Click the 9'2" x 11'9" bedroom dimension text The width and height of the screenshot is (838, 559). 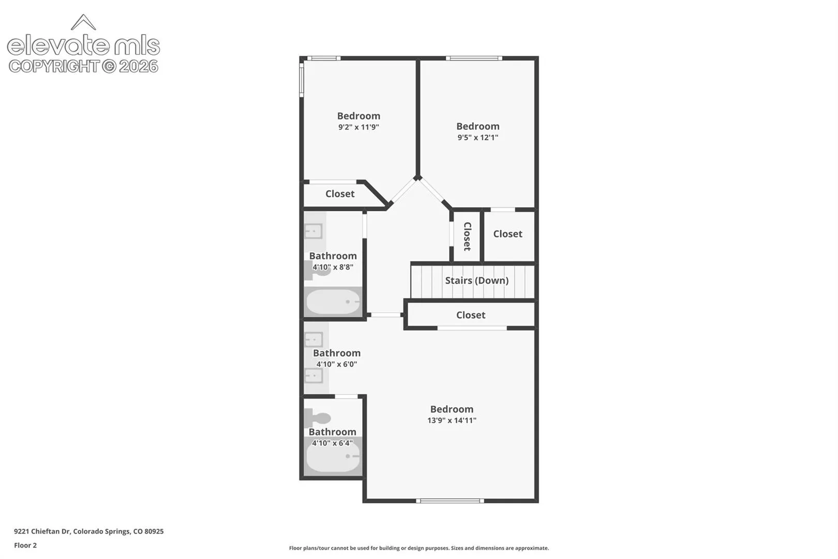[358, 127]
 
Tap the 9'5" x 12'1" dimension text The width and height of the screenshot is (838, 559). [478, 137]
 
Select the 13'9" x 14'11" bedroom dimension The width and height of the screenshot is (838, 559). [452, 420]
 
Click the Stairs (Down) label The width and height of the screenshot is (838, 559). [476, 281]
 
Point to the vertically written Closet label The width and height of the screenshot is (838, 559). [467, 236]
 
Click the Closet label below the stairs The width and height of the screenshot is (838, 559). [471, 315]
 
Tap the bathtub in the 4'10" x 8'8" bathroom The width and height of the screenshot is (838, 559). [333, 302]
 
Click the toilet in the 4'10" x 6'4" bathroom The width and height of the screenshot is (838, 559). [317, 418]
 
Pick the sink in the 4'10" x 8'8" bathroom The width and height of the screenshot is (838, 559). [313, 231]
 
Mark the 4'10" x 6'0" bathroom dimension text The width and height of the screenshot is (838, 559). [337, 364]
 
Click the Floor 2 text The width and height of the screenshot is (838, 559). [25, 545]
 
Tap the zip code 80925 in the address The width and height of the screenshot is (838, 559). [154, 531]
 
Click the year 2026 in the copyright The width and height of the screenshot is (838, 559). [139, 66]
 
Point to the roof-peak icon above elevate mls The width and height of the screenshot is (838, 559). [83, 22]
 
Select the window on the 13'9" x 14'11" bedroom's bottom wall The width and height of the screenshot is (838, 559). [450, 501]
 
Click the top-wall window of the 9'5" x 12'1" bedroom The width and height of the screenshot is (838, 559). [474, 58]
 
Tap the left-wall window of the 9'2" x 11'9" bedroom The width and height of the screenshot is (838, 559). [302, 80]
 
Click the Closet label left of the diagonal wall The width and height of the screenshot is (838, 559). [340, 194]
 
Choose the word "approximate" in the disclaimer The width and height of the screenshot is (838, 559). [532, 548]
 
